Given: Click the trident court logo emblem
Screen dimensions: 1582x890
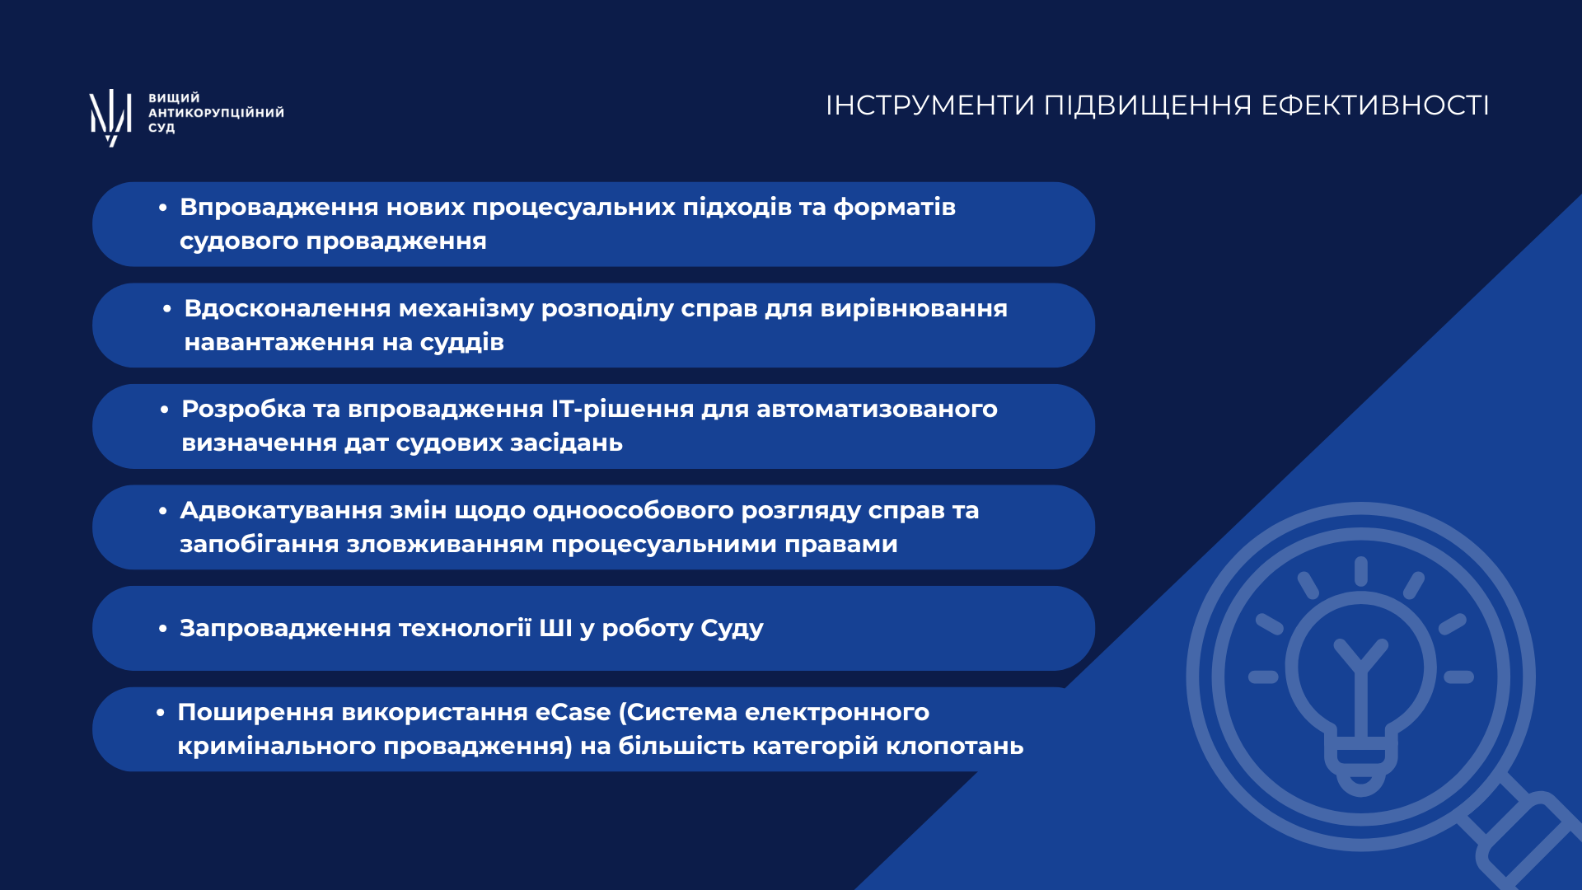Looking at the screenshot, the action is tap(110, 117).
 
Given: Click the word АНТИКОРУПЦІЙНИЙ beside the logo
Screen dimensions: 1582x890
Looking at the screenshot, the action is tap(216, 112).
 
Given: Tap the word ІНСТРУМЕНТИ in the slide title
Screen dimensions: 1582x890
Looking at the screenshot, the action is tap(930, 105).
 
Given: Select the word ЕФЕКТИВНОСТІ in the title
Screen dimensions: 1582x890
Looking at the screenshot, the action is tap(1375, 105).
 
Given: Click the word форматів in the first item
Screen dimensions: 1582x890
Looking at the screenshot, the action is tap(895, 207).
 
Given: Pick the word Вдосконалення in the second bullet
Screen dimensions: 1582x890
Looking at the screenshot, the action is tap(288, 308).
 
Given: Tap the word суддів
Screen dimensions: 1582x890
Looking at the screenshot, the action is tap(461, 342).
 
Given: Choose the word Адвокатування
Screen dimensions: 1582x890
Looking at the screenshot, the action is tap(281, 511).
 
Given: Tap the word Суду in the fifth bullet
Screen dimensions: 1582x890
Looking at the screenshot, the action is tap(732, 629).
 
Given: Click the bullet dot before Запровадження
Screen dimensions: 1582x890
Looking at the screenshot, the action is tap(163, 629).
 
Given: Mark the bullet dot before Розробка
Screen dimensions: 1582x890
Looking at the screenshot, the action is tap(165, 410).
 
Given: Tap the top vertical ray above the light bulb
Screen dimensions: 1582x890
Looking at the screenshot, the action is tap(1361, 572).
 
